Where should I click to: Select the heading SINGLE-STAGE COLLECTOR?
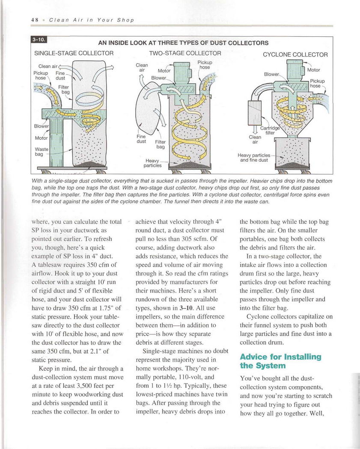(74, 53)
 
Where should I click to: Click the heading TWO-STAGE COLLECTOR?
(185, 53)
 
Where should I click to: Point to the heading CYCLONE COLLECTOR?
(295, 55)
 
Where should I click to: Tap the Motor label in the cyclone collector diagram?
(313, 70)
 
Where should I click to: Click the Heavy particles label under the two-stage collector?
(152, 162)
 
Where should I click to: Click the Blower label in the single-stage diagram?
(42, 127)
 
